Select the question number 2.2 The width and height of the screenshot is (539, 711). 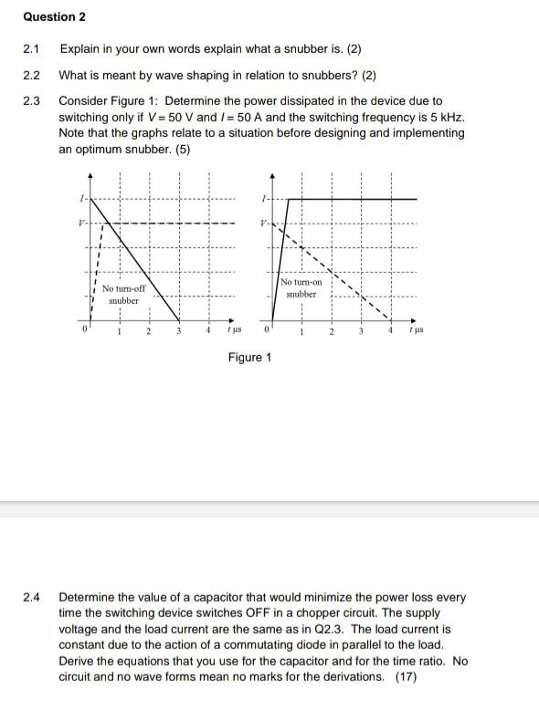tap(33, 75)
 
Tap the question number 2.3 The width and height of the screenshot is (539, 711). tap(33, 100)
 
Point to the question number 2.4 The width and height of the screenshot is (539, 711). tap(33, 598)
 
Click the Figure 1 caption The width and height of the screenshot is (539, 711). tap(249, 357)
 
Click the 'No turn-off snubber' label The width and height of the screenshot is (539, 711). tap(123, 294)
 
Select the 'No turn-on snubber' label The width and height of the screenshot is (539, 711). tap(301, 288)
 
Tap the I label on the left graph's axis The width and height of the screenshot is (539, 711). tap(81, 198)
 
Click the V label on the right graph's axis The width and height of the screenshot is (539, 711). tap(263, 223)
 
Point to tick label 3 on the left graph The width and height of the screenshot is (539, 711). tap(179, 331)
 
